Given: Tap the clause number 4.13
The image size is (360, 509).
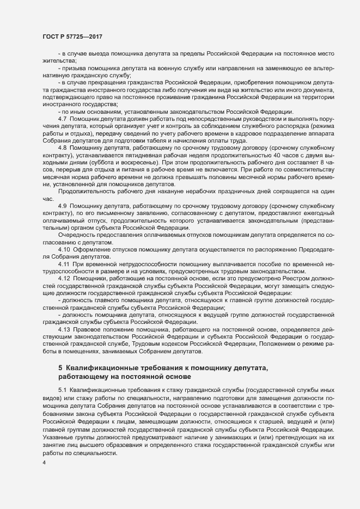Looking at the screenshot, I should [63, 329].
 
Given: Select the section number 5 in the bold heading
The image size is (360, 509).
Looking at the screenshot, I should [60, 367].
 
